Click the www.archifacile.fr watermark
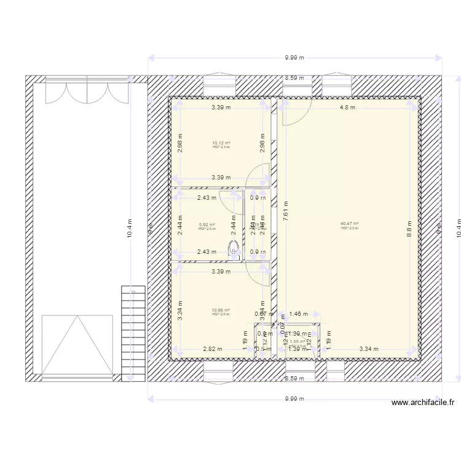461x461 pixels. [x=424, y=403]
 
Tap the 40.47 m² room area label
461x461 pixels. [x=350, y=224]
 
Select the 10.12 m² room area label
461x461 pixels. [x=221, y=144]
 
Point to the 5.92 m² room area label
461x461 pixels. [x=207, y=225]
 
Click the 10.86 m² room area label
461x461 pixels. [x=221, y=310]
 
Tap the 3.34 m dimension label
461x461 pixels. [x=369, y=349]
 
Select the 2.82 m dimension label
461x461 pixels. [x=213, y=349]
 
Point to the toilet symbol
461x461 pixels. [x=234, y=249]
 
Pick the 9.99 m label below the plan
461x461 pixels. [x=295, y=399]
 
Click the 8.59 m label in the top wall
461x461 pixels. [x=295, y=78]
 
